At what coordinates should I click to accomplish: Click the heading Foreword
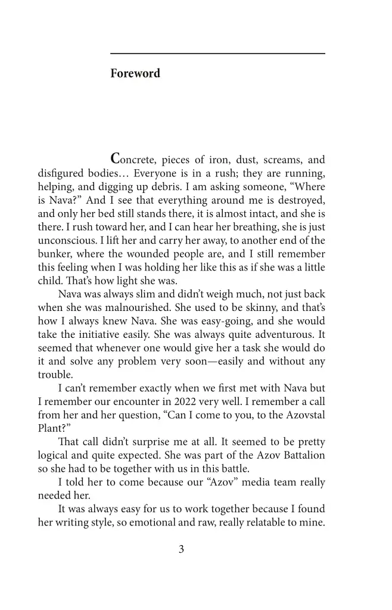point(135,74)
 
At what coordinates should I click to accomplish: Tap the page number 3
point(181,549)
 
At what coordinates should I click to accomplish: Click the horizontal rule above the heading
point(217,54)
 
